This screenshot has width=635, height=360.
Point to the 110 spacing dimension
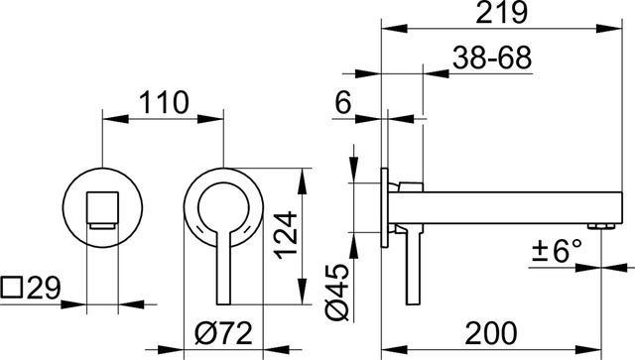162,101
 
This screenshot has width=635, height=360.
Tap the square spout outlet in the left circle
102,209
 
